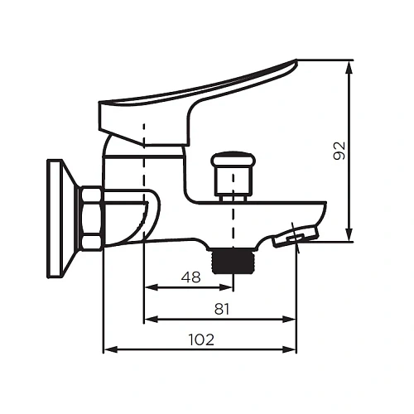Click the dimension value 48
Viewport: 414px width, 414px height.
coord(190,277)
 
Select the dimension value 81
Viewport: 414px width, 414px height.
coord(221,308)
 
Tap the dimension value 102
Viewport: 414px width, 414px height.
coord(200,339)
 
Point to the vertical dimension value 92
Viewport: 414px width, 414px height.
coord(339,150)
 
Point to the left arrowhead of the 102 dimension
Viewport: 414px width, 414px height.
coord(108,349)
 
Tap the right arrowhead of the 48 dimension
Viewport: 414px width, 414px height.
coord(229,287)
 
